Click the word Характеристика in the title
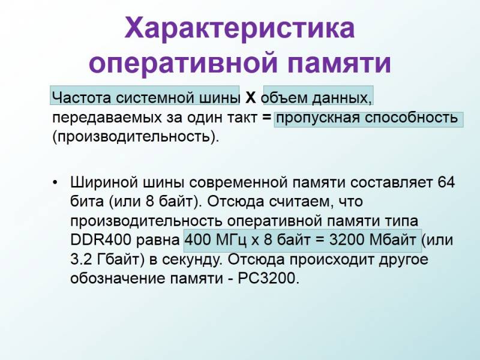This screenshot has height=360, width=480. coord(239,28)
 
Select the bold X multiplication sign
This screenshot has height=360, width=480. coord(250,98)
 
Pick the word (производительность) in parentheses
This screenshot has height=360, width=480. coord(136,137)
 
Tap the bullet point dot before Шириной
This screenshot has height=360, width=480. coord(55,183)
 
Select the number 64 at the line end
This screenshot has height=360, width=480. coord(446,182)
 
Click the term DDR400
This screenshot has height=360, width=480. coord(101,240)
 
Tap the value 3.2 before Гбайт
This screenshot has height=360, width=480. coord(81,260)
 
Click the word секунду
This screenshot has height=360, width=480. coord(191,260)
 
